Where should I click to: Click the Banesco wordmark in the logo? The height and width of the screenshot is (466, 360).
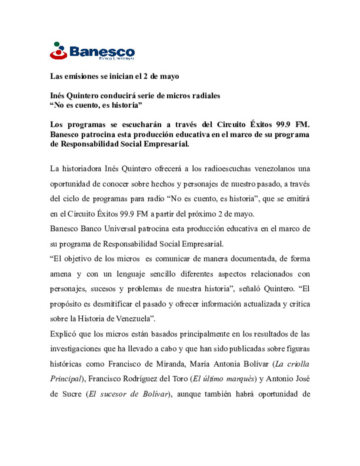tap(102, 52)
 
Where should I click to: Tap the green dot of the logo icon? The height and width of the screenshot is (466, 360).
tap(57, 44)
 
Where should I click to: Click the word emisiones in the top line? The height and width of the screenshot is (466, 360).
tap(82, 76)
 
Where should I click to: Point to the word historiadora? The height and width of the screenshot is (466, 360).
tap(82, 169)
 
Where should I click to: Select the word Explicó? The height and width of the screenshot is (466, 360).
tap(63, 334)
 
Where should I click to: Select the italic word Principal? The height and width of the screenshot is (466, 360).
tap(66, 379)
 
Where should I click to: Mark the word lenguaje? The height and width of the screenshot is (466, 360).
tap(131, 274)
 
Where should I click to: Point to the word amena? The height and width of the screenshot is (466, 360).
tap(61, 274)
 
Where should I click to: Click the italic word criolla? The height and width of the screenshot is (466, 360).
tap(298, 364)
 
